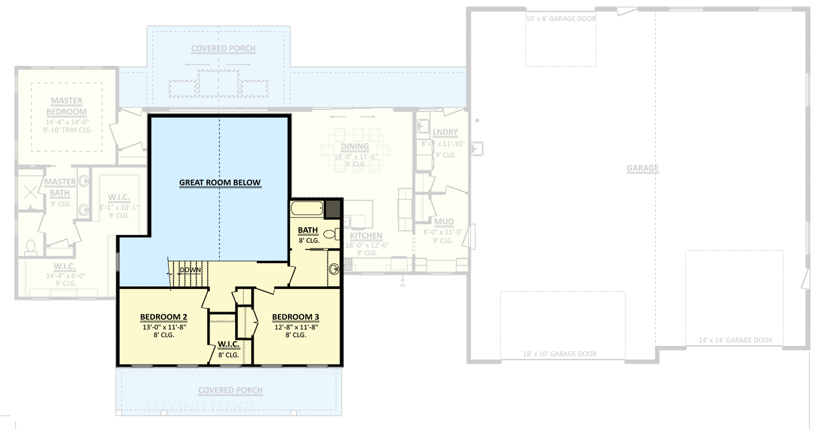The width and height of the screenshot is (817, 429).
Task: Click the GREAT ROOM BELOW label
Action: [220, 183]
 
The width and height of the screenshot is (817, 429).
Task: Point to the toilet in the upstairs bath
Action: [333, 234]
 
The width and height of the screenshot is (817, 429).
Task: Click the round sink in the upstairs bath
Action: [334, 269]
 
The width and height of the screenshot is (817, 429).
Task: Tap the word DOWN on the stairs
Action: [190, 270]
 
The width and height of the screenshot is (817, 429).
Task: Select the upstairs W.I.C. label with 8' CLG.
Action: [229, 345]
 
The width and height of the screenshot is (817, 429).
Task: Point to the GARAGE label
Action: [642, 168]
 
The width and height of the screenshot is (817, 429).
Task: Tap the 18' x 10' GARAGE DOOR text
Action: [560, 354]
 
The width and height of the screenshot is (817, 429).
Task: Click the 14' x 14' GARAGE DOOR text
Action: [735, 340]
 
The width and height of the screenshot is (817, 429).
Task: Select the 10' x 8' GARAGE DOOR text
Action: [561, 19]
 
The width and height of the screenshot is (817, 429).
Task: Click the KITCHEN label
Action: [366, 236]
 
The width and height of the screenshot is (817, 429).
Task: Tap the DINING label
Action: [355, 146]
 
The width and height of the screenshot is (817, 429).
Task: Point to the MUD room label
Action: [444, 222]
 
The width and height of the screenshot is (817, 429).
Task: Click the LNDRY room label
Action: [445, 132]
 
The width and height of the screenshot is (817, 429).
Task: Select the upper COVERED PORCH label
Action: [223, 48]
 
